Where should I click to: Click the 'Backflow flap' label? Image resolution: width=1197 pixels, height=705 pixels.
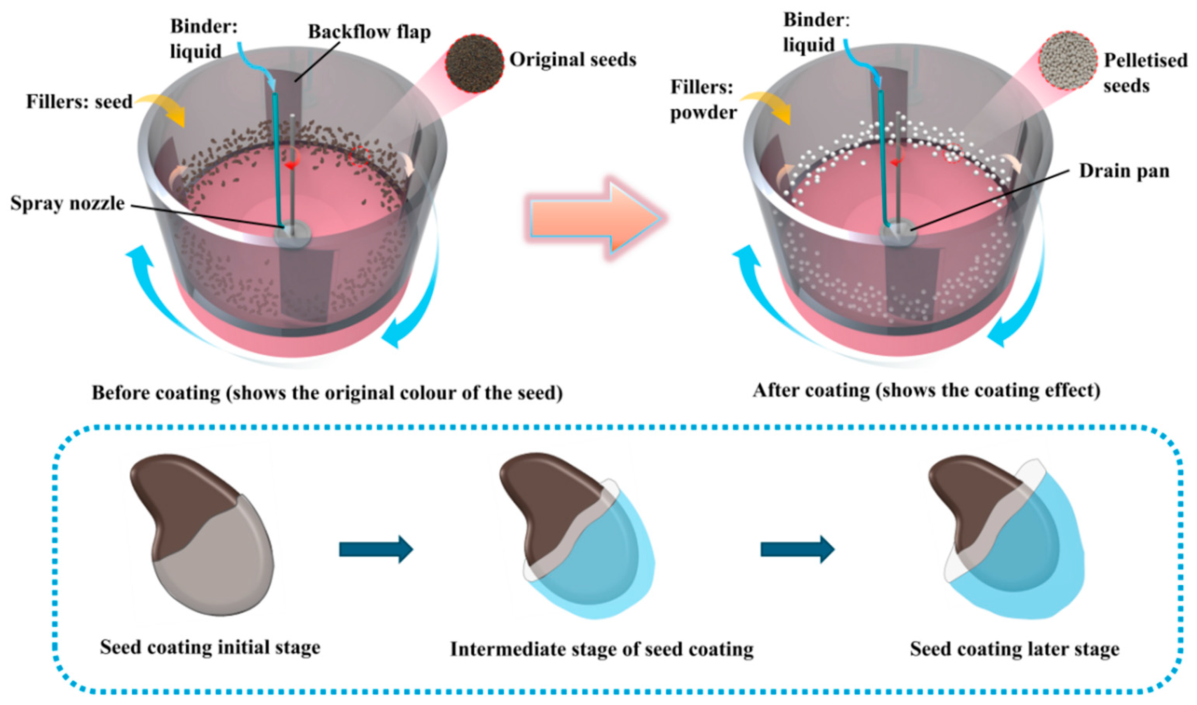[x=369, y=32]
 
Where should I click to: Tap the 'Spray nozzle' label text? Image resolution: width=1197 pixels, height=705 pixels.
[x=68, y=203]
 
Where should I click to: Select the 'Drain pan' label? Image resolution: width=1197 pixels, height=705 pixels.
[x=1124, y=171]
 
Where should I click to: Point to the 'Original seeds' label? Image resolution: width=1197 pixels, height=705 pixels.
[x=573, y=60]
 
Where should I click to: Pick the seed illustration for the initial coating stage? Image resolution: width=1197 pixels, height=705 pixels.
[x=202, y=535]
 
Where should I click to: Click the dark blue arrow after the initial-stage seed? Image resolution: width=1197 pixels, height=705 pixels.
[x=376, y=549]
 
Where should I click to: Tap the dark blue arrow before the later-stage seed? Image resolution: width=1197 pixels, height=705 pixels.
[x=797, y=549]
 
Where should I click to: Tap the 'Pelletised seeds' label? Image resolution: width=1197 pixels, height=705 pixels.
[x=1145, y=73]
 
